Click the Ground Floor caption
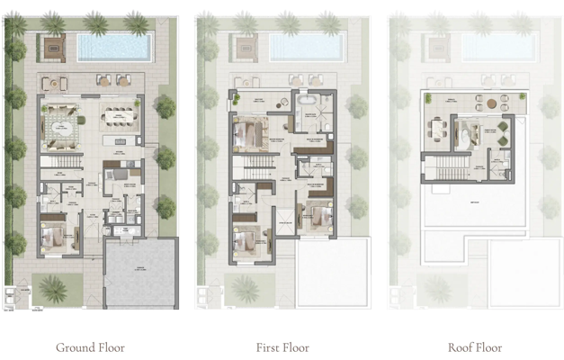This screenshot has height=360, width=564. [90, 347]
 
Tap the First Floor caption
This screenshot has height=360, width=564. [282, 347]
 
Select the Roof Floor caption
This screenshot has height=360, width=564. [475, 347]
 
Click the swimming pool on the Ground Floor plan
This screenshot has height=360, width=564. [112, 46]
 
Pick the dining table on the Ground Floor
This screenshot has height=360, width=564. [120, 116]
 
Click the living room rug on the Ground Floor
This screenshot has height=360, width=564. [63, 118]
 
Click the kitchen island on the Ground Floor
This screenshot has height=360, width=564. [114, 142]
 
